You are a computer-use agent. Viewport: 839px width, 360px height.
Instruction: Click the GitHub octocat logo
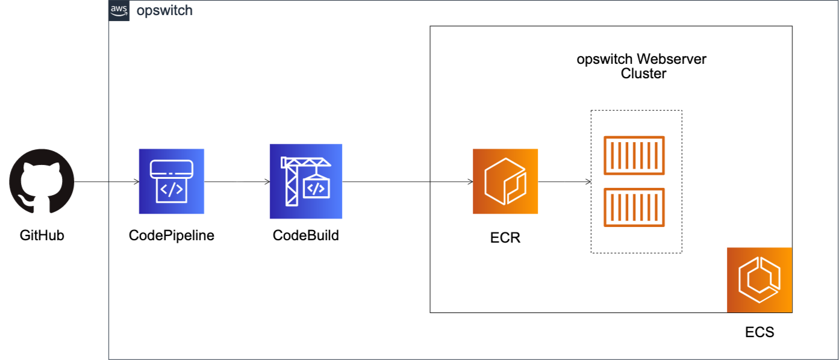coord(42,181)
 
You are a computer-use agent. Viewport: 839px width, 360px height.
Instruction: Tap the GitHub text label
coord(42,235)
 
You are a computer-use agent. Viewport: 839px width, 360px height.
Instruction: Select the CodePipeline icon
coord(172,181)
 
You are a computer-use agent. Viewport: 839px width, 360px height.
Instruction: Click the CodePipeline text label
coord(172,235)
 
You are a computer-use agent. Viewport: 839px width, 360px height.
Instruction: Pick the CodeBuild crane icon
coord(306,181)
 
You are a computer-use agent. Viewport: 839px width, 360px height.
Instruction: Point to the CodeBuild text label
coord(306,235)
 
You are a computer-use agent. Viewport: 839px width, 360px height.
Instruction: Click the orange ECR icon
coord(505,181)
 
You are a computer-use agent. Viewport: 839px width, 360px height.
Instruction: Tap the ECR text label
coord(505,238)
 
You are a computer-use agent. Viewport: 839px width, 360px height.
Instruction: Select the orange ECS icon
coord(759,280)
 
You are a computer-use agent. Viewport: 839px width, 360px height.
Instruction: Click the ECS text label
coord(759,332)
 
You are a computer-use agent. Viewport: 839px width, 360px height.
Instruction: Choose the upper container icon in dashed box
coord(634,155)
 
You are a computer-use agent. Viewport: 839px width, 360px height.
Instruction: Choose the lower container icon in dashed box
coord(634,208)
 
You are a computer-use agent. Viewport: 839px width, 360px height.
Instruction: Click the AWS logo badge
coord(119,11)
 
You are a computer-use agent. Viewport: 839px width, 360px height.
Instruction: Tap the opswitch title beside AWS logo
coord(164,11)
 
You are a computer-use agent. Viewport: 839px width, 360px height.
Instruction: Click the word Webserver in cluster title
coord(672,60)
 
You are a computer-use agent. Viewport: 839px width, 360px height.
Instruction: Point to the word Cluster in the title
coord(643,74)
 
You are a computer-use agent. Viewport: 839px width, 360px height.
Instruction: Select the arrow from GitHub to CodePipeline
coord(106,181)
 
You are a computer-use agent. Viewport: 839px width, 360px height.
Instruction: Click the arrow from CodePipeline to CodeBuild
coord(237,181)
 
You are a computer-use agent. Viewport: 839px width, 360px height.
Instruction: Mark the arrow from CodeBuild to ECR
coord(407,181)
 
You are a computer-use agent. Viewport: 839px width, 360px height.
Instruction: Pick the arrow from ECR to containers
coord(564,181)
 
